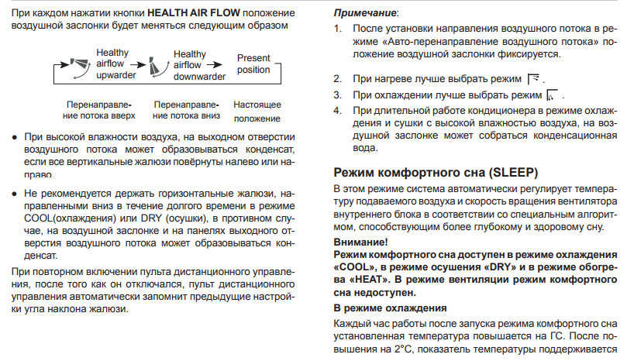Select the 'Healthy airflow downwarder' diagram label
[x=190, y=64]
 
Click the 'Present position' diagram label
[x=254, y=64]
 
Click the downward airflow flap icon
[x=153, y=64]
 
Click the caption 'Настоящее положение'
[x=257, y=111]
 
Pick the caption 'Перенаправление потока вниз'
[x=187, y=110]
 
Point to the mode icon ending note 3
[x=551, y=95]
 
